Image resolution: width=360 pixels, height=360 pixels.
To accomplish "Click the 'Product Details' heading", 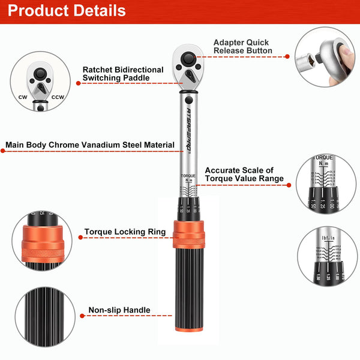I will click(x=68, y=11).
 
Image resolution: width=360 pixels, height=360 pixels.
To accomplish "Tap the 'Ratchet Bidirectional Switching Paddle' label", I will click(x=123, y=74).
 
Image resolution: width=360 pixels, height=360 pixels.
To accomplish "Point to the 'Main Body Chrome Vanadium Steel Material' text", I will click(x=90, y=145).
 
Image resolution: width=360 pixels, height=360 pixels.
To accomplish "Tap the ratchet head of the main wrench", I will click(x=188, y=65).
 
